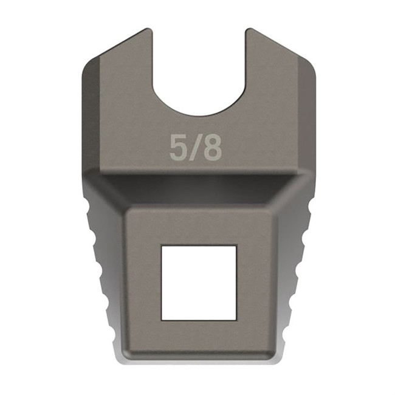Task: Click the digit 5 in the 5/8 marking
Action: point(178,147)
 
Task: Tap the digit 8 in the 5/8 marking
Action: point(211,147)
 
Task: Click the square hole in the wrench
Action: point(197,283)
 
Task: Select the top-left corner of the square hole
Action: point(161,246)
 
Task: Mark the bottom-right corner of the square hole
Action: point(235,320)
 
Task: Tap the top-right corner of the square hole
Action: point(235,246)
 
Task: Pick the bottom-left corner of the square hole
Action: point(161,320)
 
